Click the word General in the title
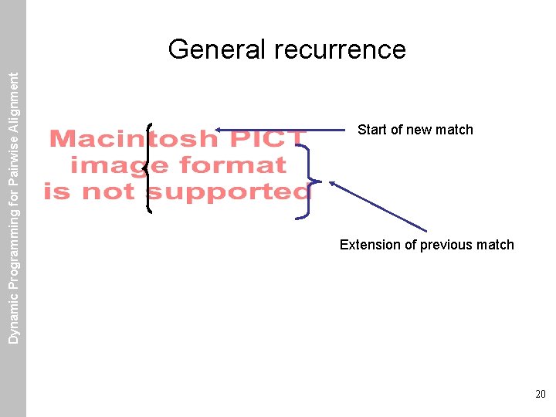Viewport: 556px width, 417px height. (x=216, y=49)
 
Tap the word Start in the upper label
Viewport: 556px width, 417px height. (x=373, y=130)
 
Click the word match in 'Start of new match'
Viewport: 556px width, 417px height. (x=454, y=130)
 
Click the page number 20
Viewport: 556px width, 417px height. (x=540, y=394)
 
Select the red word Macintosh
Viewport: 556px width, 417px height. (x=134, y=140)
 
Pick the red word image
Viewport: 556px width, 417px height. (x=120, y=165)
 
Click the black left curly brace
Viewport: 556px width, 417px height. (x=147, y=168)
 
